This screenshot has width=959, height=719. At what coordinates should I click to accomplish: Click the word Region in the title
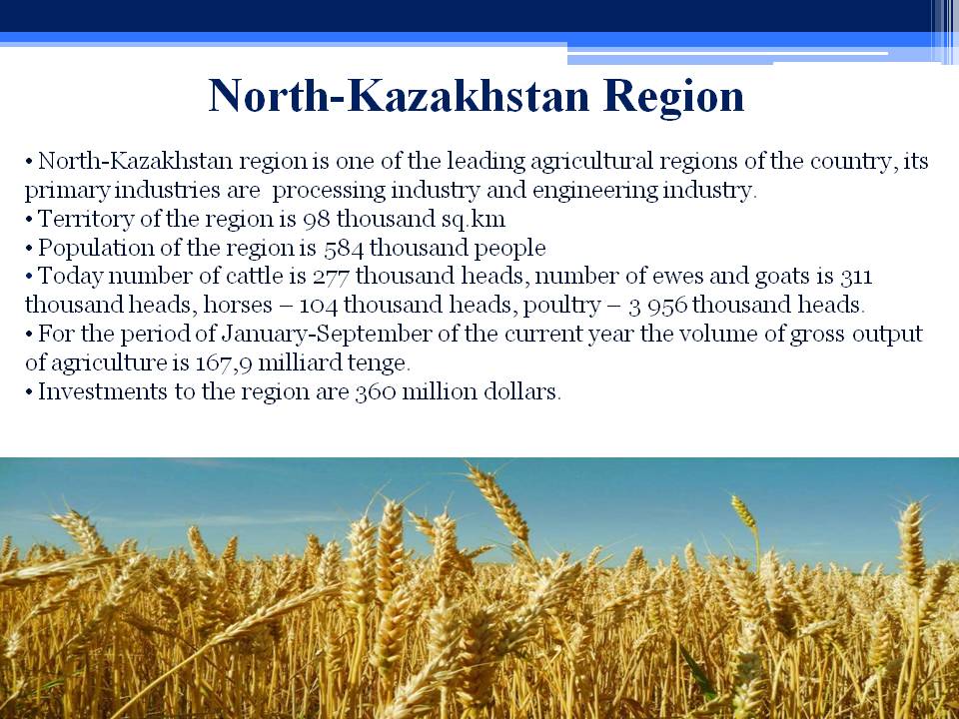coord(673,97)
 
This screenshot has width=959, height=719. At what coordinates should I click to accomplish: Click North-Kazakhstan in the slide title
coord(399,96)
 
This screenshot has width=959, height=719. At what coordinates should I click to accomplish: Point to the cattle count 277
coord(331,277)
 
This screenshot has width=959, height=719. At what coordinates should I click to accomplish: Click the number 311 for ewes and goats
coord(856,277)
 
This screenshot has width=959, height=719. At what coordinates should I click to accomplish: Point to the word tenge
coord(378,363)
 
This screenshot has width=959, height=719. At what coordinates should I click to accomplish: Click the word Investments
coord(102,391)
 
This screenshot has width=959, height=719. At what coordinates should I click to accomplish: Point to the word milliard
coord(300,363)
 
